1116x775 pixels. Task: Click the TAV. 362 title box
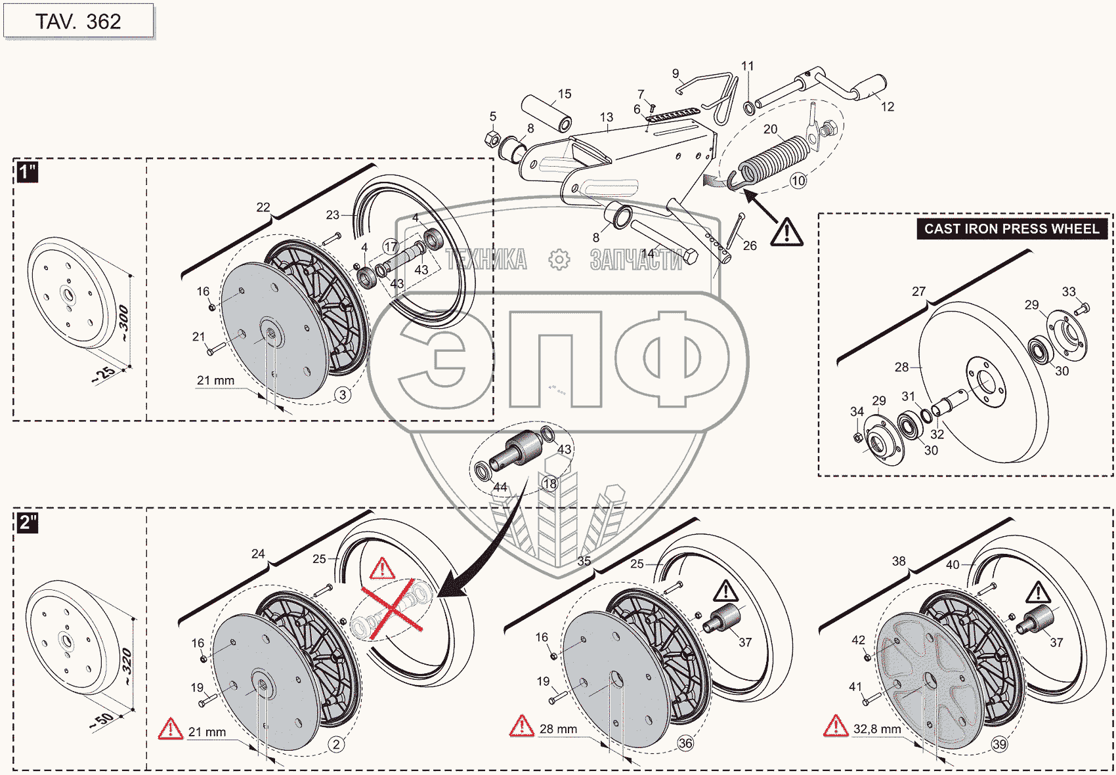[x=78, y=21]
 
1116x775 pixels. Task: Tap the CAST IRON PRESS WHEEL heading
[x=1012, y=229]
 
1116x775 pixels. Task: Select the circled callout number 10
[x=798, y=180]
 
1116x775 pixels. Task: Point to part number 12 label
[x=888, y=107]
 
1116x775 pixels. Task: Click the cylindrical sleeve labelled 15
[x=546, y=113]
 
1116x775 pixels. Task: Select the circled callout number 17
[x=391, y=247]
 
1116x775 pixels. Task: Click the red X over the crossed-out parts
[x=391, y=609]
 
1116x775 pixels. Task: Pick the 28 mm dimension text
[x=558, y=729]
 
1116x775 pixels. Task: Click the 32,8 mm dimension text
[x=877, y=729]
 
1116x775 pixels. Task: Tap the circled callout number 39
[x=999, y=744]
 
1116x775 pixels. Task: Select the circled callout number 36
[x=685, y=744]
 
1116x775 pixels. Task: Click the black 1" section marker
[x=27, y=172]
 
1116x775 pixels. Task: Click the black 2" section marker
[x=28, y=522]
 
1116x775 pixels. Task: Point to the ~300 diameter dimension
[x=123, y=323]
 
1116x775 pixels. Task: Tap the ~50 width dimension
[x=102, y=720]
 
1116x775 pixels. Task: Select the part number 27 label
[x=918, y=291]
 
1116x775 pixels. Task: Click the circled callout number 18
[x=549, y=484]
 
